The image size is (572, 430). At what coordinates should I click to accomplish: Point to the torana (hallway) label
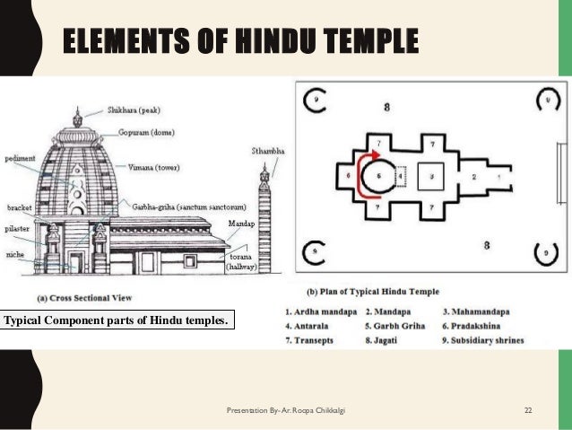coord(241,262)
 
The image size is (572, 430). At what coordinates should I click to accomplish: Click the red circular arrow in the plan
coord(367,176)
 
